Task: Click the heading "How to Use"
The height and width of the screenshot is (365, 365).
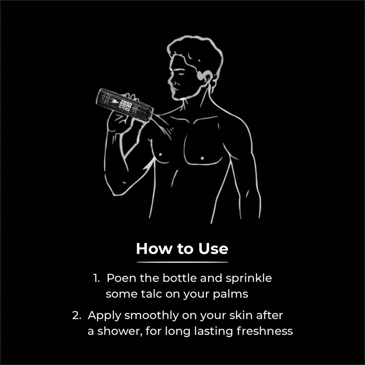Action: coord(182,249)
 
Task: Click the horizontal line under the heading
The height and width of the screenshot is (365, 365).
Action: coord(182,262)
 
